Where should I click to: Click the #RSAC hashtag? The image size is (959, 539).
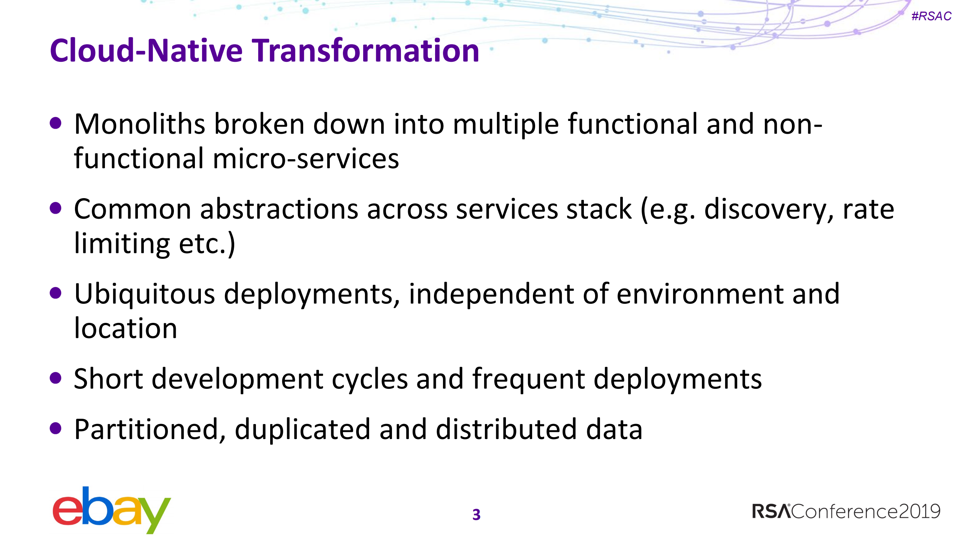(931, 16)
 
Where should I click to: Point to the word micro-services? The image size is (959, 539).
(306, 159)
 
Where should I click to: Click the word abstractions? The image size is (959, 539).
(279, 209)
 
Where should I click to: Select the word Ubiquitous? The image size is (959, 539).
(145, 294)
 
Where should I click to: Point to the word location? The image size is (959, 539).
(126, 328)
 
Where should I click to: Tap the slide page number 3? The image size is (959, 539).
(476, 515)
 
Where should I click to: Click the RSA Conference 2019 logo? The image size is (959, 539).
(846, 511)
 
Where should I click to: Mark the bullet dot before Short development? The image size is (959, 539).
(55, 378)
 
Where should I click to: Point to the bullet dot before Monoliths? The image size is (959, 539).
(55, 123)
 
